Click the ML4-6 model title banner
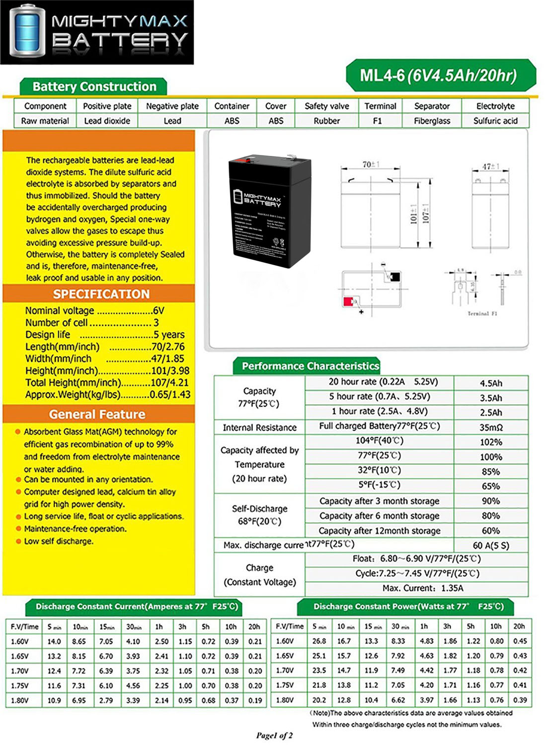[x=440, y=75]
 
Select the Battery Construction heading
[x=94, y=86]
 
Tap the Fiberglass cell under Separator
[x=432, y=121]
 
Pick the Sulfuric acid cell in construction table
[x=495, y=121]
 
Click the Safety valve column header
[x=326, y=106]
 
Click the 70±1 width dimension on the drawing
[x=371, y=164]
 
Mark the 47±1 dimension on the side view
[x=490, y=166]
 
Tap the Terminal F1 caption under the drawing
[x=482, y=313]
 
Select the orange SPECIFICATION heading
[x=101, y=294]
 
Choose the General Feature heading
[x=97, y=414]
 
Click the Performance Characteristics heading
[x=310, y=366]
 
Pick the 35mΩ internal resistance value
[x=490, y=427]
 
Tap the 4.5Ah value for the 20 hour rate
[x=490, y=383]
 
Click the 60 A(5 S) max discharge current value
[x=490, y=545]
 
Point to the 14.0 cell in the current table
[x=54, y=641]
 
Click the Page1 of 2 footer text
[x=274, y=735]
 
